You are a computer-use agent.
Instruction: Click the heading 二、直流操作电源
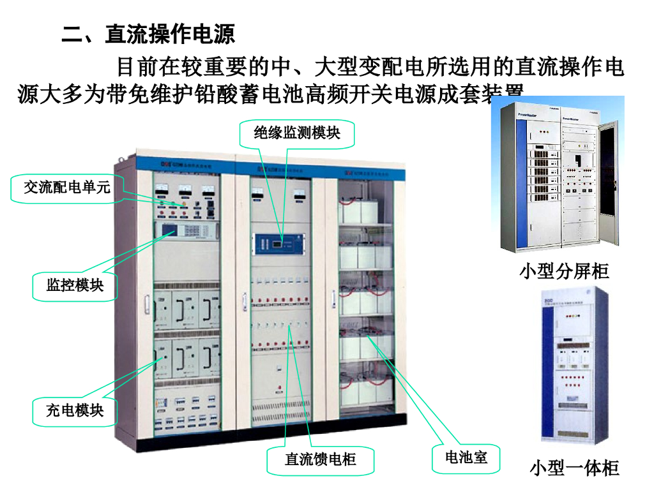pyautogui.click(x=148, y=33)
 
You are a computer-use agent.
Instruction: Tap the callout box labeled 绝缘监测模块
pyautogui.click(x=296, y=133)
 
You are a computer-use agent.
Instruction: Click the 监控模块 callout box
pyautogui.click(x=75, y=285)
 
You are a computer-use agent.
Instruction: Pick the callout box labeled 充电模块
pyautogui.click(x=75, y=410)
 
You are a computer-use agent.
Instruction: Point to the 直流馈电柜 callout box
pyautogui.click(x=320, y=459)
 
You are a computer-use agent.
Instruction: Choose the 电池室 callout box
pyautogui.click(x=466, y=457)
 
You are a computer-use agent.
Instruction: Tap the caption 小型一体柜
pyautogui.click(x=574, y=468)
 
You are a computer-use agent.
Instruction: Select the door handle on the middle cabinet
pyautogui.click(x=243, y=297)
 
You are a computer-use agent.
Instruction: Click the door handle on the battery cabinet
pyautogui.click(x=333, y=295)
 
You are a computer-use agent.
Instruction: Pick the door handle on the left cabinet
pyautogui.click(x=146, y=305)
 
